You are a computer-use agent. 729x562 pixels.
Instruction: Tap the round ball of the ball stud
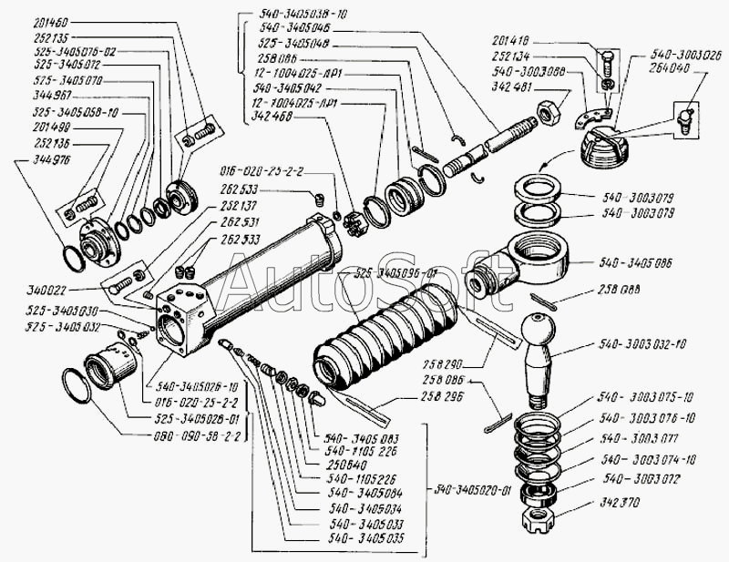point(539,329)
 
